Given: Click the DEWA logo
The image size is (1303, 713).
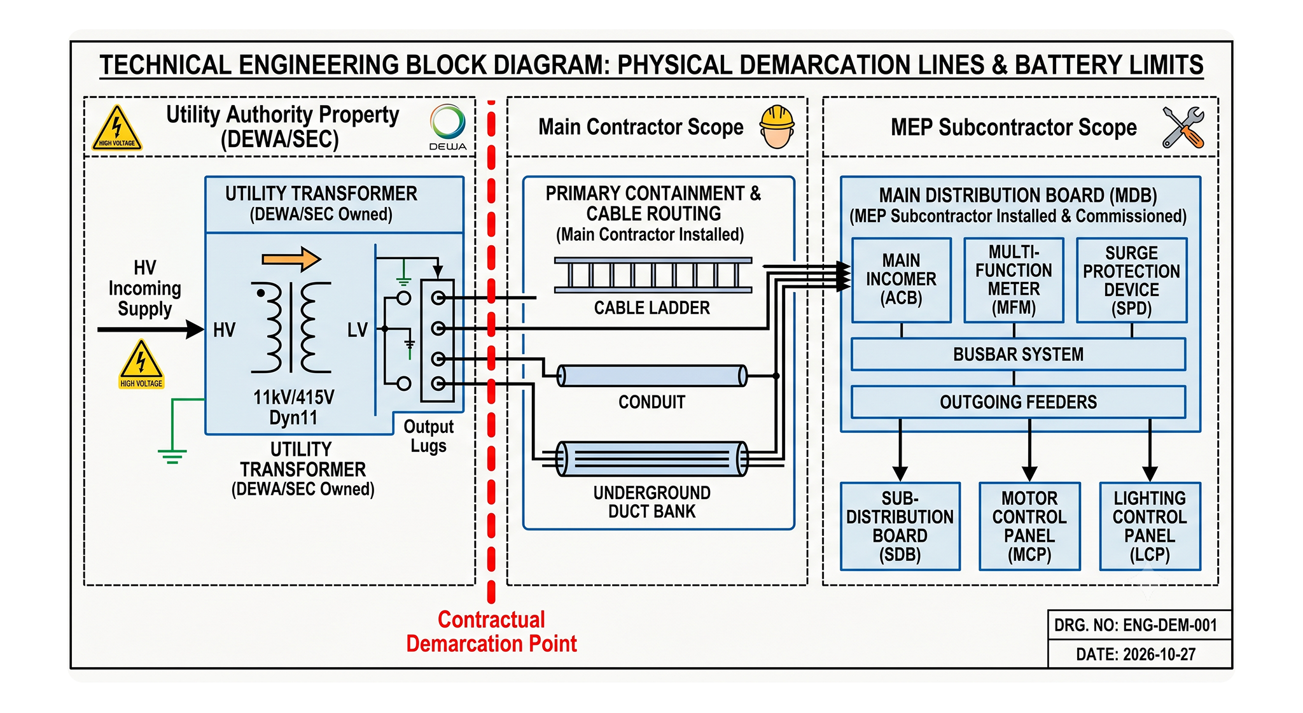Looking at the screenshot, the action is pyautogui.click(x=448, y=127).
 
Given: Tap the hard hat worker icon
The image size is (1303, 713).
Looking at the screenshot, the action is pyautogui.click(x=777, y=127).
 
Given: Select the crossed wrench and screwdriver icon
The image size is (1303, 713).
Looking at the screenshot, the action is pyautogui.click(x=1183, y=127).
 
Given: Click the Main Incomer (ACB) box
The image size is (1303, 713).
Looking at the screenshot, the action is pyautogui.click(x=901, y=280).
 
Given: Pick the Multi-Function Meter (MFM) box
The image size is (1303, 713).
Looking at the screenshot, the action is pyautogui.click(x=1014, y=280).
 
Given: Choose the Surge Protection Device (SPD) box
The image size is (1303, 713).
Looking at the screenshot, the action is pyautogui.click(x=1131, y=280).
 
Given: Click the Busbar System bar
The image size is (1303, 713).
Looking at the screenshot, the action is pyautogui.click(x=1018, y=354).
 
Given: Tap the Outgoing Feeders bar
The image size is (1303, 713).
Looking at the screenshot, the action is pyautogui.click(x=1018, y=402).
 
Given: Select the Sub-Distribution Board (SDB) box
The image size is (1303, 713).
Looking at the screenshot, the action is pyautogui.click(x=900, y=526).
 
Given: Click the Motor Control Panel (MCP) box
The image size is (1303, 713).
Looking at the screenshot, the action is pyautogui.click(x=1029, y=526).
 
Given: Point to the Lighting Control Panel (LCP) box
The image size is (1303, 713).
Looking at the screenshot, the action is pyautogui.click(x=1150, y=526).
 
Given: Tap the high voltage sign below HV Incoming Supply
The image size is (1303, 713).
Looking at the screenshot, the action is pyautogui.click(x=141, y=364).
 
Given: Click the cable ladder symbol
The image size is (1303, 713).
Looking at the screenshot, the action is pyautogui.click(x=653, y=275).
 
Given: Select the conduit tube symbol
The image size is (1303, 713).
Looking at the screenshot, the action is pyautogui.click(x=652, y=376).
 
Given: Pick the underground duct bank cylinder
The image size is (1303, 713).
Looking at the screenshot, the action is pyautogui.click(x=652, y=458).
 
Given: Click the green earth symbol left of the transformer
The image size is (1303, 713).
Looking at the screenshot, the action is pyautogui.click(x=172, y=456).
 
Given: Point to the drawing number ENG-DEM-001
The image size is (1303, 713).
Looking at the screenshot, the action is pyautogui.click(x=1135, y=625).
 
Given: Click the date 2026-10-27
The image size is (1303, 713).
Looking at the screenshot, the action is pyautogui.click(x=1136, y=654).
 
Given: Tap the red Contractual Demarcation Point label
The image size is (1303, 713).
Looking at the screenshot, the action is pyautogui.click(x=491, y=632).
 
